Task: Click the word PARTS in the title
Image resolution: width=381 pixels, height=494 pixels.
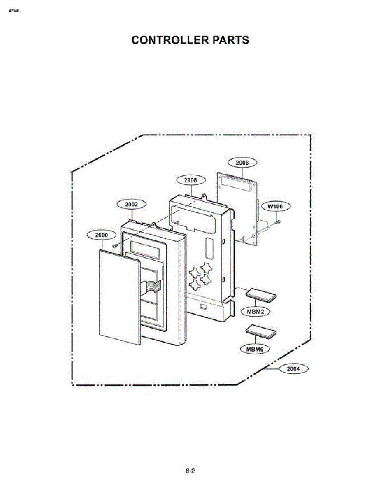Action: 230,40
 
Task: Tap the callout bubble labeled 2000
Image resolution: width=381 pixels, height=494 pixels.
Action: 102,235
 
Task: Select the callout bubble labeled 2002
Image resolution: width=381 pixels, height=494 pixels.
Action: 132,204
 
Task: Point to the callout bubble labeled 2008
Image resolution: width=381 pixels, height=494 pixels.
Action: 191,180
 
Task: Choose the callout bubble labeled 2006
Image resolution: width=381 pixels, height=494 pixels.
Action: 242,163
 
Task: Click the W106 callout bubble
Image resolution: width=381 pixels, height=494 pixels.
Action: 276,206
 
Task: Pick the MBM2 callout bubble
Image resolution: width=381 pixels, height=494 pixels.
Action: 256,312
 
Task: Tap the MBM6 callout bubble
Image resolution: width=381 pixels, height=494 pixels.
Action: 255,349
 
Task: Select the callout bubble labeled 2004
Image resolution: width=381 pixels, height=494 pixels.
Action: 293,369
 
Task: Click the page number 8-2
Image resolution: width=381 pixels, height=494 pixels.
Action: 190,471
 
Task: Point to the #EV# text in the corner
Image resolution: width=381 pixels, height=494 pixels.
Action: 14,11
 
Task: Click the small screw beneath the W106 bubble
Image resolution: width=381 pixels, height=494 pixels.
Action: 278,221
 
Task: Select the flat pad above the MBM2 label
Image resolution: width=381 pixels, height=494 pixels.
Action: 261,296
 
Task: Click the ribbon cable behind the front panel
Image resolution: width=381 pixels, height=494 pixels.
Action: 152,287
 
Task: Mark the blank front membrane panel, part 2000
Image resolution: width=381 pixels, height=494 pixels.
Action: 119,297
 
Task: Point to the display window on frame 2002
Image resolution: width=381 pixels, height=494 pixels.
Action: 145,250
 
